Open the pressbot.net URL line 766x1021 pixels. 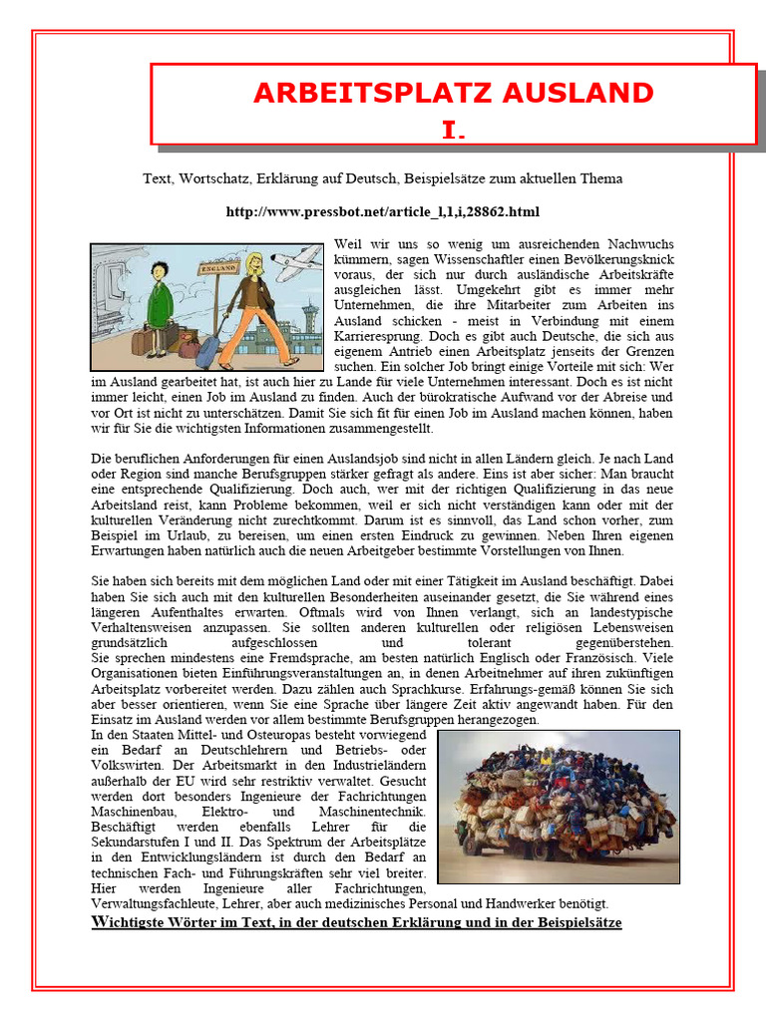pos(383,211)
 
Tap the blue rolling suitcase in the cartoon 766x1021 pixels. pos(209,349)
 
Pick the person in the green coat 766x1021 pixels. pos(160,299)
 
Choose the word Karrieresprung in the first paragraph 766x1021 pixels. pos(377,338)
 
